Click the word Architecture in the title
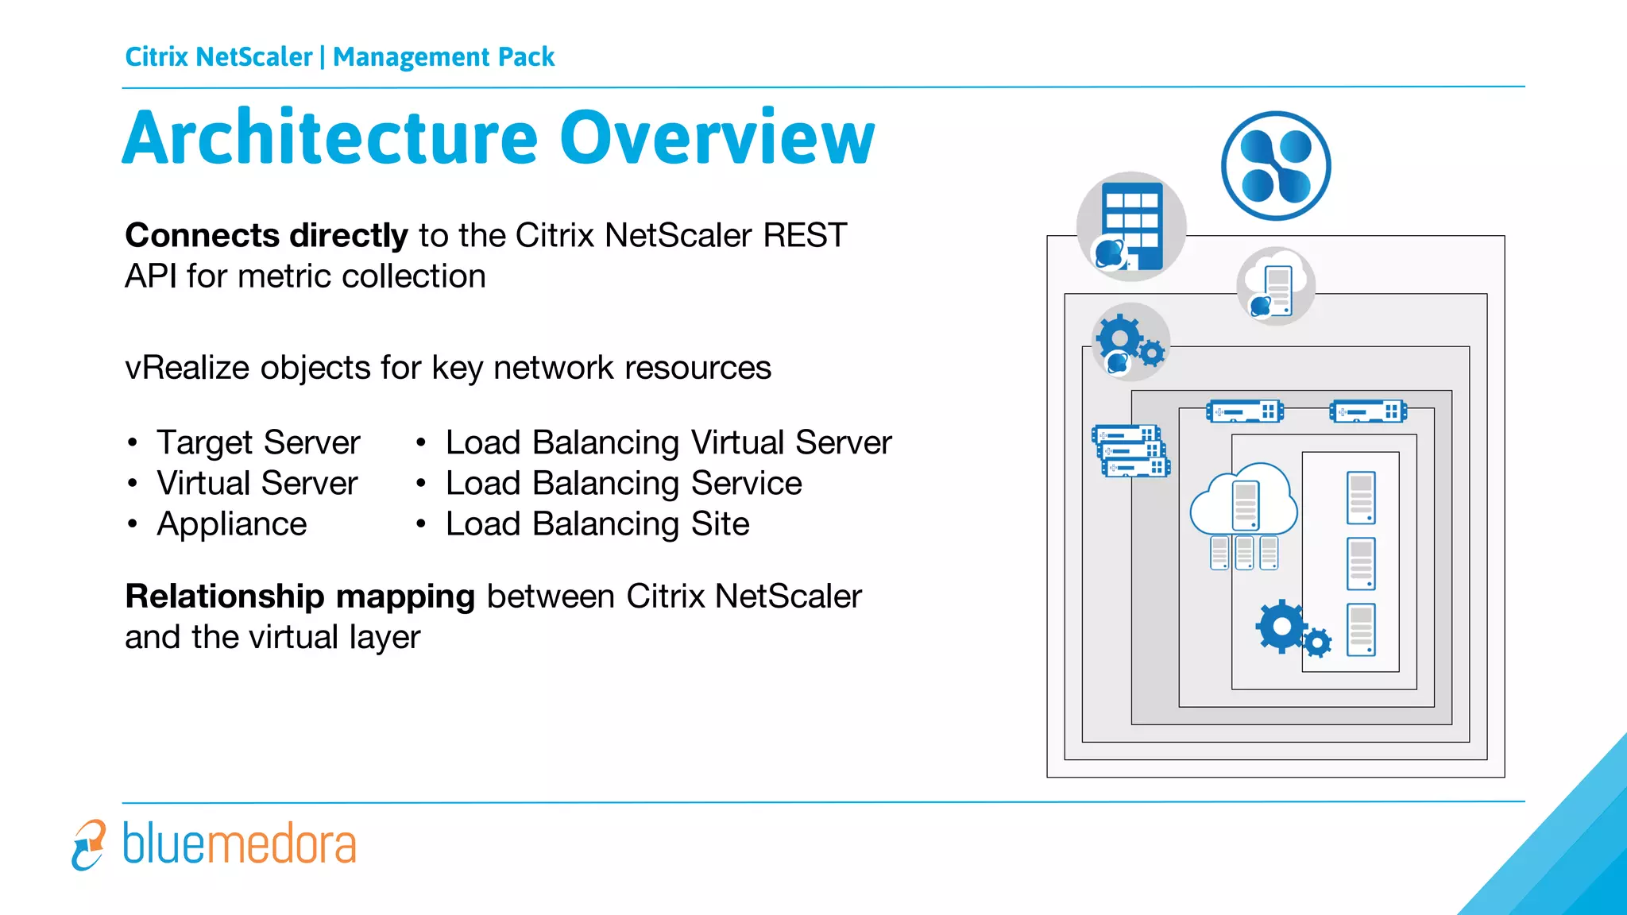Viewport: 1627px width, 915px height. [330, 138]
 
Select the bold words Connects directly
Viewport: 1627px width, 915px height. [266, 236]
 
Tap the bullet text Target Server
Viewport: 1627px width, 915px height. [258, 442]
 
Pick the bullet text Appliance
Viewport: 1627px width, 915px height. [231, 524]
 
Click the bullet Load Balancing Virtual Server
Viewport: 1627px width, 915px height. [668, 442]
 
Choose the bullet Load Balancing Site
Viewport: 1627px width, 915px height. [597, 524]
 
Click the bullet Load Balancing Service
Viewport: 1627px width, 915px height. [624, 484]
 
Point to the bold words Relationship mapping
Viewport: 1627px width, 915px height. [300, 596]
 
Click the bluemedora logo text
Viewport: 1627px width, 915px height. [239, 844]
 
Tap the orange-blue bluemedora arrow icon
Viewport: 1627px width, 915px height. [88, 845]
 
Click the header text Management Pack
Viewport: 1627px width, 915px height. [443, 57]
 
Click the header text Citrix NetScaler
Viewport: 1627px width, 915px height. [218, 57]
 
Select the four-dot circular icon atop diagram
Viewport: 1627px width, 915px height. [1275, 165]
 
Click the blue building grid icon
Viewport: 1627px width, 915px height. [1131, 226]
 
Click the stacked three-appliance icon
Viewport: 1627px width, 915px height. [1130, 450]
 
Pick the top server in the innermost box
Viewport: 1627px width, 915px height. [1361, 498]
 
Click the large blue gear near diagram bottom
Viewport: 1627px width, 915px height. [1281, 627]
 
